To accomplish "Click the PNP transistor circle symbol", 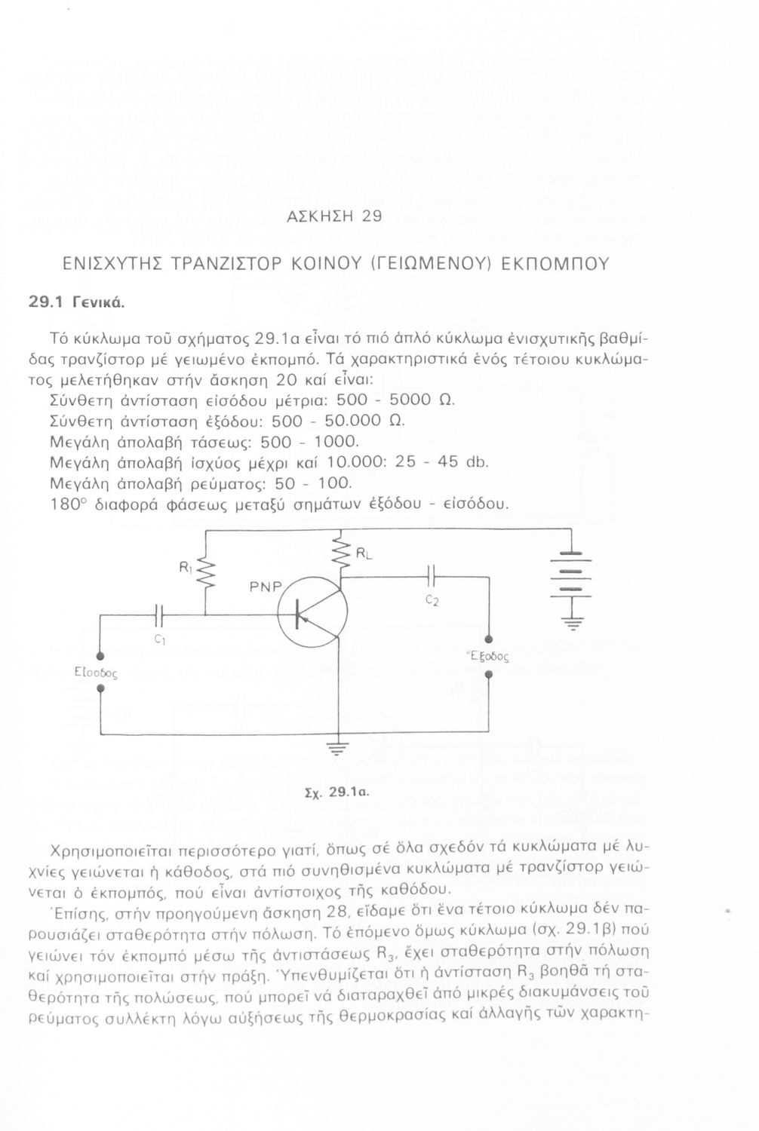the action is coord(313,612).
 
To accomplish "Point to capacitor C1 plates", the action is coord(160,615).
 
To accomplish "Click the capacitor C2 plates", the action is coord(431,577).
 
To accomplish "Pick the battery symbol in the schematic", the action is coord(571,576).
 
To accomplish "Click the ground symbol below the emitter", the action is coord(338,749).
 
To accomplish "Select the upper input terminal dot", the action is coord(100,656).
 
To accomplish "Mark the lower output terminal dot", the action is coord(489,675).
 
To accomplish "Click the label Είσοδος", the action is coord(96,673).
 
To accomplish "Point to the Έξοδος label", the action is coord(488,656).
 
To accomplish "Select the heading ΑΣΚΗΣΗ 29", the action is coord(334,216).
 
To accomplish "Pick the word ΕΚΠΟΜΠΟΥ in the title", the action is coord(555,264).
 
